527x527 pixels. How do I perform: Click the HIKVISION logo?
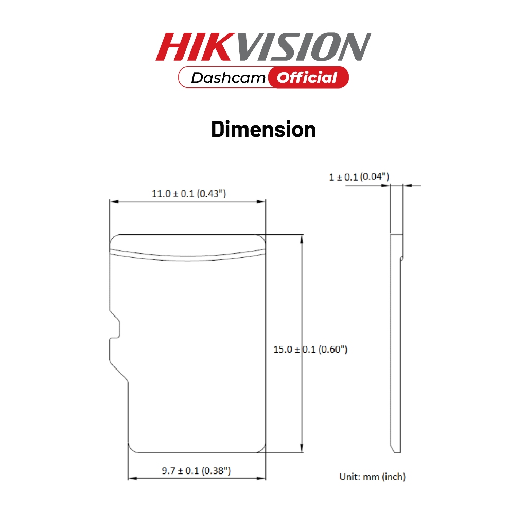click(x=263, y=47)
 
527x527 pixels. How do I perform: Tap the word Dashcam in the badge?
click(x=228, y=78)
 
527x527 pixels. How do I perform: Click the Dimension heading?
click(x=263, y=129)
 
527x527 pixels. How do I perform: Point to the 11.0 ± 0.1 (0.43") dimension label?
click(x=189, y=194)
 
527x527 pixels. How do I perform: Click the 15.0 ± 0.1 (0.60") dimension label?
click(x=310, y=349)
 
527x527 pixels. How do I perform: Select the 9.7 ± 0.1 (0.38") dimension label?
click(x=196, y=470)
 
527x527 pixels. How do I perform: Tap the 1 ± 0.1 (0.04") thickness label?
click(x=359, y=177)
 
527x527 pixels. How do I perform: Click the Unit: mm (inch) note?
click(x=373, y=477)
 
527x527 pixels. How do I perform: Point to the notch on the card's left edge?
click(x=115, y=325)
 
